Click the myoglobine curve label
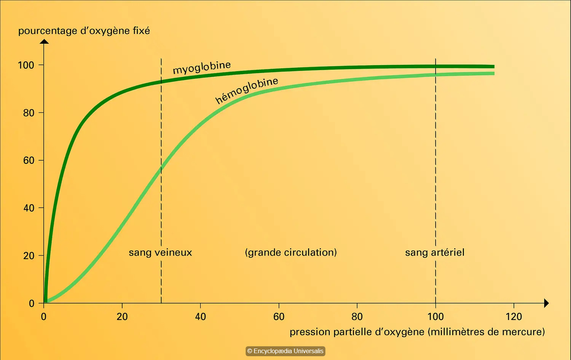tap(202, 67)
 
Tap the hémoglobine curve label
tap(247, 90)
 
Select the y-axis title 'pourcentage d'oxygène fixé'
tap(84, 31)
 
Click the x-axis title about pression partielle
tap(417, 332)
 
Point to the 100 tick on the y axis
tap(26, 65)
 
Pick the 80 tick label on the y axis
tap(29, 113)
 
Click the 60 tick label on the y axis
tap(29, 160)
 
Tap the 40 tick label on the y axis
tap(29, 208)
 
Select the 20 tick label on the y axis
tap(29, 256)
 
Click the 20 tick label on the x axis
tap(122, 317)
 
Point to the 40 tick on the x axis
tap(201, 317)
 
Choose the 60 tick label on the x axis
tap(279, 317)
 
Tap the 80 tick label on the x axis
tap(357, 317)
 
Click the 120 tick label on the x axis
tap(514, 317)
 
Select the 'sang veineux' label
tap(160, 253)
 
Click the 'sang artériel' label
tap(435, 253)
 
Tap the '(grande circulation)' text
tap(291, 253)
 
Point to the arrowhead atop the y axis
tap(44, 41)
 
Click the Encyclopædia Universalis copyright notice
tap(285, 351)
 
